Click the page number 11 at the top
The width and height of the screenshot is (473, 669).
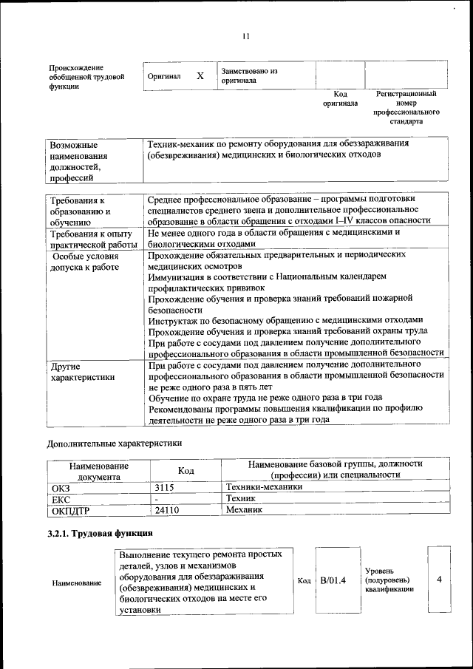click(246, 36)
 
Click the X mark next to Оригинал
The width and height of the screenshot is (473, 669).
click(200, 76)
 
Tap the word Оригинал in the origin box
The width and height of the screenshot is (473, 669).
click(164, 76)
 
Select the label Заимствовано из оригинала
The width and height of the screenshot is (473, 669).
click(248, 75)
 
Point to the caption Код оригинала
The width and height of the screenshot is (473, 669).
click(340, 99)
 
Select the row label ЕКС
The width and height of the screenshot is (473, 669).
click(61, 499)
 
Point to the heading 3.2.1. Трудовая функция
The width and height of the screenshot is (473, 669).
click(100, 533)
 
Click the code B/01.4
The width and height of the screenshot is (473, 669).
click(333, 580)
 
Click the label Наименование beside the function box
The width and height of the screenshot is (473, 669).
click(77, 583)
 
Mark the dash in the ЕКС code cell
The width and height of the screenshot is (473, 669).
click(157, 499)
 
